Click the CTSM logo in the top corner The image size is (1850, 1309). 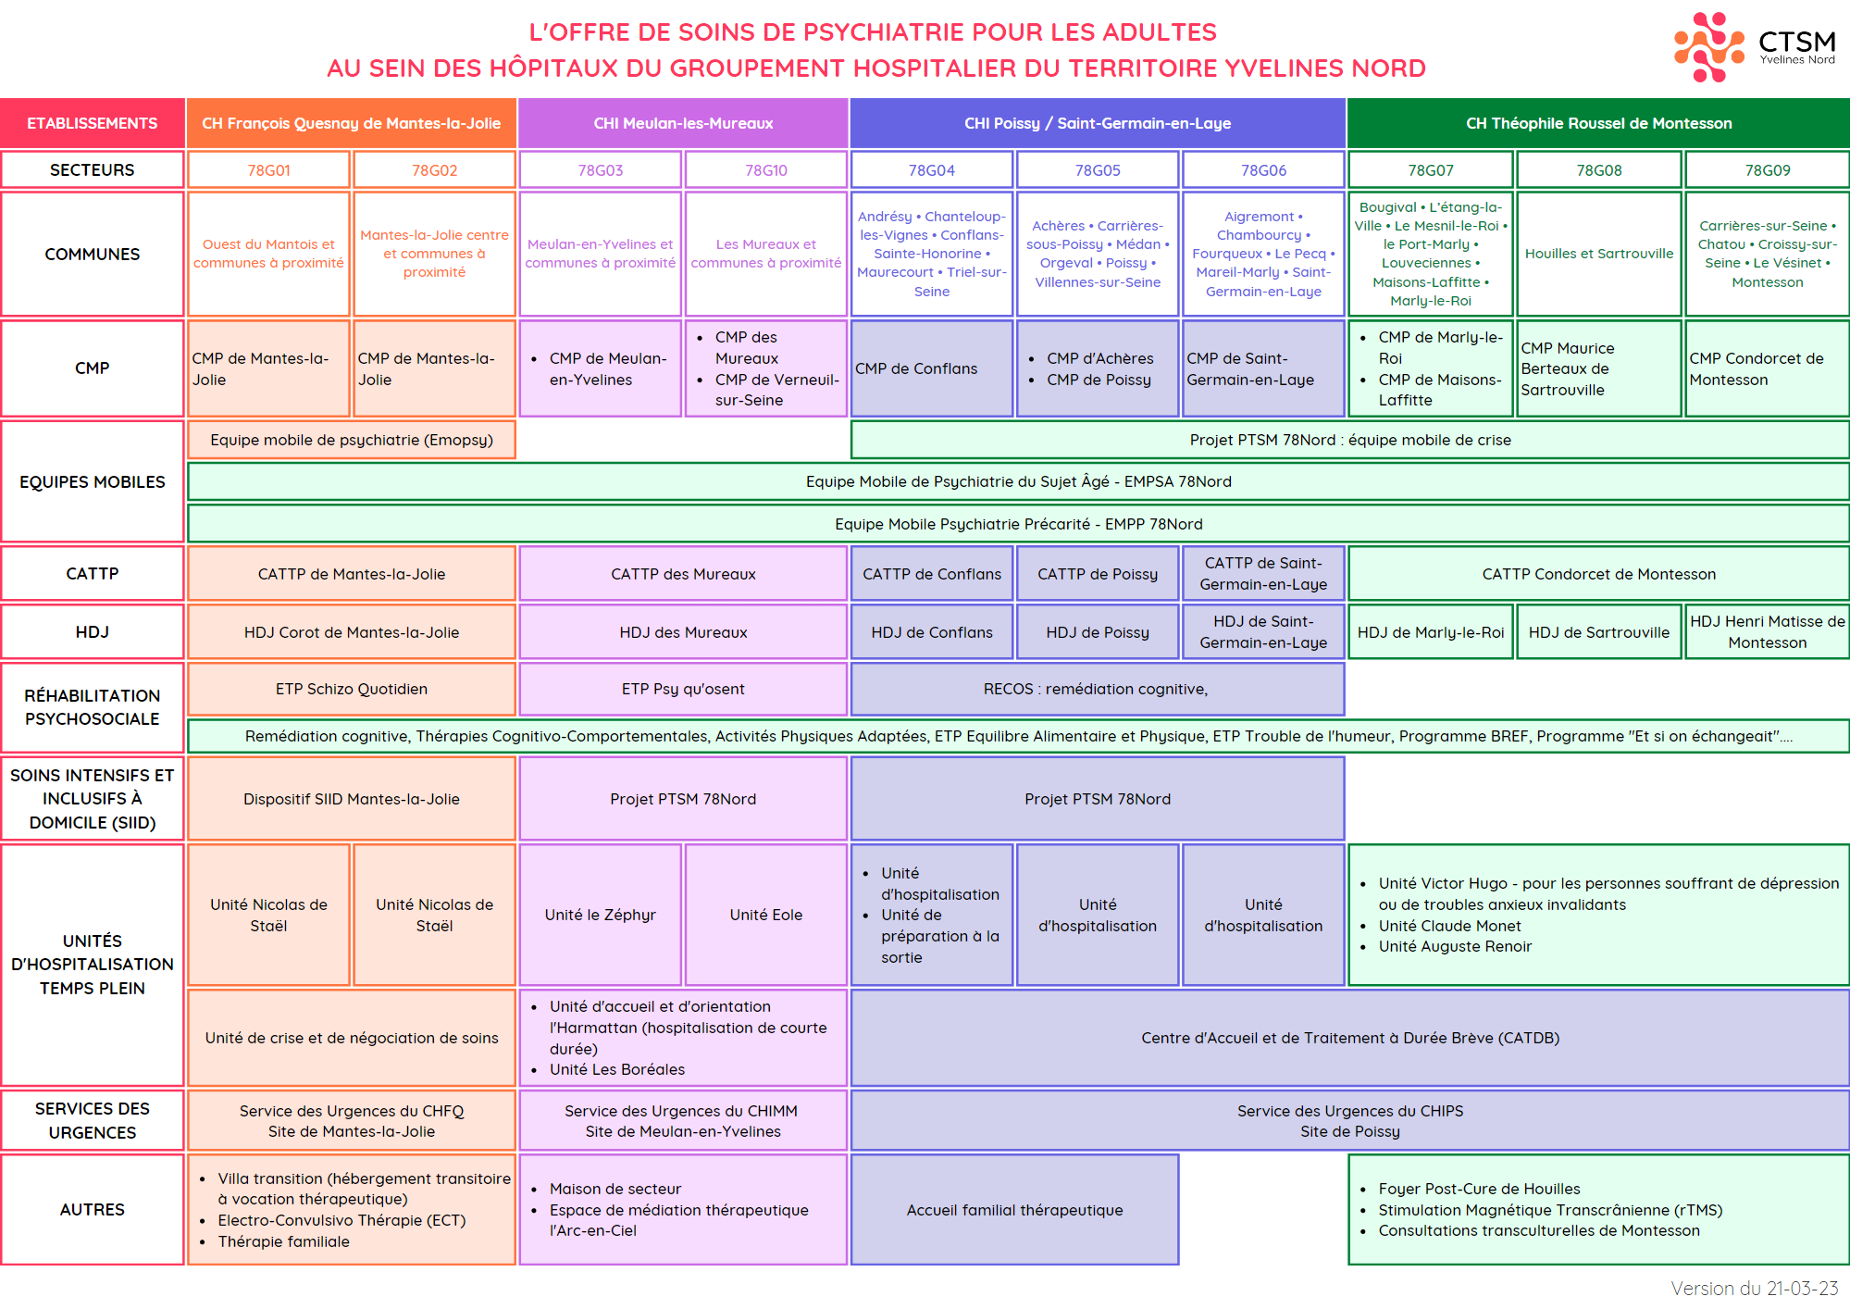point(1755,46)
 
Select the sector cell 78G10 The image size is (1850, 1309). point(766,169)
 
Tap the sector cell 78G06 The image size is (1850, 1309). point(1263,169)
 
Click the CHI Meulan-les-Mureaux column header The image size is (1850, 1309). point(683,123)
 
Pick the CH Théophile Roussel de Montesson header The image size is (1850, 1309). point(1598,123)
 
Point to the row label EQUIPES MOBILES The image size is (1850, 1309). point(93,481)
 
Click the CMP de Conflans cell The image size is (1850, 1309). point(932,368)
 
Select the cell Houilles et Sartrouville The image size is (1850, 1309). point(1598,254)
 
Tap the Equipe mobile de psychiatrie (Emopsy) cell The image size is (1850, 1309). point(352,440)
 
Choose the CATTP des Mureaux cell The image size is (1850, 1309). point(683,574)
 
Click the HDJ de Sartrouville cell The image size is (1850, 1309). point(1598,632)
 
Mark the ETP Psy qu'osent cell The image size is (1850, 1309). point(683,689)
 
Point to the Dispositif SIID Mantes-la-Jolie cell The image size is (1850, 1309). point(352,799)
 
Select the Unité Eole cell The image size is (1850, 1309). point(766,915)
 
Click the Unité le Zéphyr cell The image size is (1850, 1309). point(601,915)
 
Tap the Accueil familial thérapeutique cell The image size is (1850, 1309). point(1014,1209)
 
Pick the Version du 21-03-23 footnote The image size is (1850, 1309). point(1754,1288)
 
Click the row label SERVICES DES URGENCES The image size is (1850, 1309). point(93,1120)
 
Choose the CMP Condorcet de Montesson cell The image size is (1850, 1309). point(1767,368)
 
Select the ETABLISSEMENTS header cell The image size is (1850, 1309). point(93,123)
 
